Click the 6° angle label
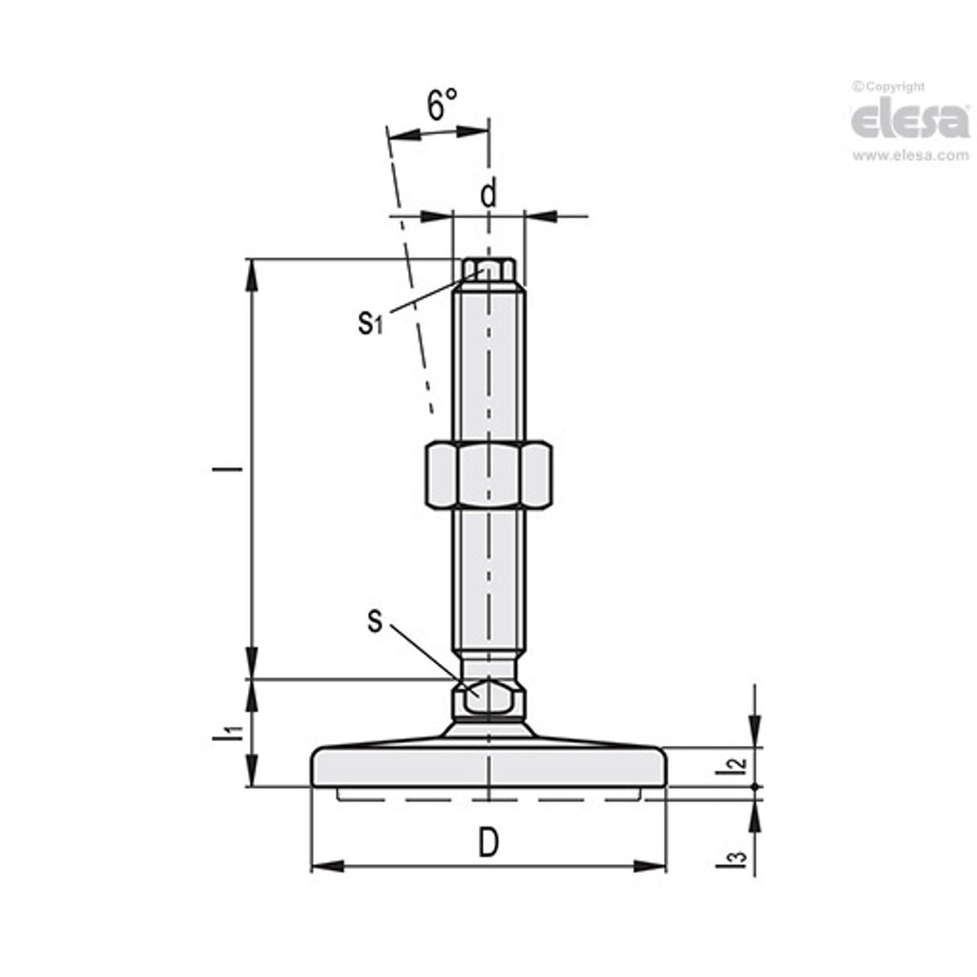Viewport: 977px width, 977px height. [442, 105]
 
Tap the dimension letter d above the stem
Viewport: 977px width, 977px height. [488, 194]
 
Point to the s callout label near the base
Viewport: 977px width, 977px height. [374, 620]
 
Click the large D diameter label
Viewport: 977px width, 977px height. [488, 843]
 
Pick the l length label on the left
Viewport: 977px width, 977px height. [234, 468]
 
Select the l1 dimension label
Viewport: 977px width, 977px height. [232, 732]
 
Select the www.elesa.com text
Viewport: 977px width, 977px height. [910, 156]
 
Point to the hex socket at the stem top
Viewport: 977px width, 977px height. [488, 268]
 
